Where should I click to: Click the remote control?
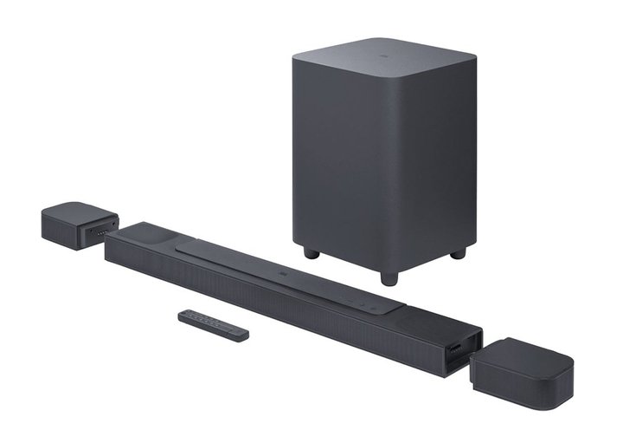pos(213,323)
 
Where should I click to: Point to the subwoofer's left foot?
pos(311,254)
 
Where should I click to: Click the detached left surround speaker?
pos(74,224)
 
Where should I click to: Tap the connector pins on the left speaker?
pos(103,232)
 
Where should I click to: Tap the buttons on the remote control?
pos(204,321)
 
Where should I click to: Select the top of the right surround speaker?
pos(532,350)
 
